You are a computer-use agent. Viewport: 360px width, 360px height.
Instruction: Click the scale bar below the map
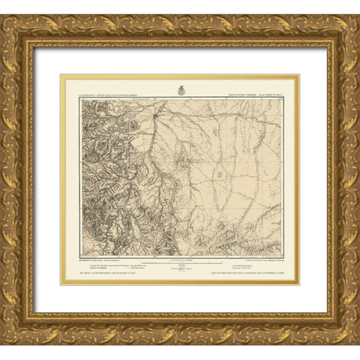tap(180, 264)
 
